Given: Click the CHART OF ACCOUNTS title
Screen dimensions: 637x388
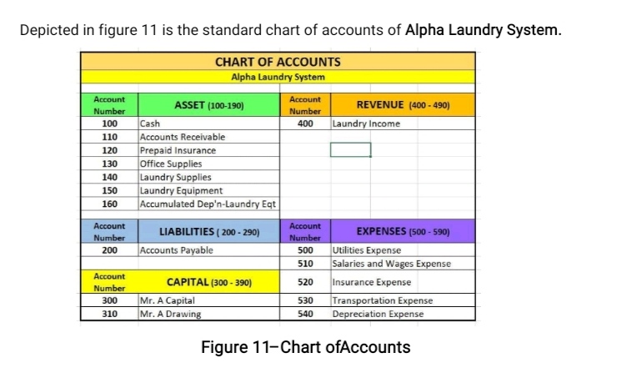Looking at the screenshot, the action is point(278,62).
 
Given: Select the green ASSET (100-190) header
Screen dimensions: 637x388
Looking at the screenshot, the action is point(208,105).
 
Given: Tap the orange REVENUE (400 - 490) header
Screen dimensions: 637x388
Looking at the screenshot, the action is point(403,105).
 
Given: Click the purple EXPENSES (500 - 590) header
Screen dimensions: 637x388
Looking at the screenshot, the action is point(403,231).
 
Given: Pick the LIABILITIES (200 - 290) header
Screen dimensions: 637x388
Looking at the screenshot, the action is point(208,231).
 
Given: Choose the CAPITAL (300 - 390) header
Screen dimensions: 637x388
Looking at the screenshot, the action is point(208,282).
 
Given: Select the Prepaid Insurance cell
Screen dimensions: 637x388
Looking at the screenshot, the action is point(178,150).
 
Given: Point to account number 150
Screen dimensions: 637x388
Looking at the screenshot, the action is point(108,190).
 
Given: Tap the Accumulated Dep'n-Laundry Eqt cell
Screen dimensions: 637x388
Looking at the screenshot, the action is point(208,204).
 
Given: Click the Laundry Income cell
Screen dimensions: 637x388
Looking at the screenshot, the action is point(366,123).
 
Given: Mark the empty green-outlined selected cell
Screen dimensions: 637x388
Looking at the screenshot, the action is point(350,150).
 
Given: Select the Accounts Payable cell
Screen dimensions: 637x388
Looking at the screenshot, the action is point(176,250).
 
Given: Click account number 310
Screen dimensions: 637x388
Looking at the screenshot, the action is point(108,315).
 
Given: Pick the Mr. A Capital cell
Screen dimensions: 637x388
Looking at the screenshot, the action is point(168,300).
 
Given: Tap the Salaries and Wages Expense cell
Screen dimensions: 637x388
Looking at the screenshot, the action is point(391,264).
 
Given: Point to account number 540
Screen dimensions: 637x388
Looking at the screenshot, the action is point(305,315).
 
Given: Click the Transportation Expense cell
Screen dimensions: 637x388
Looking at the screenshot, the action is point(382,300).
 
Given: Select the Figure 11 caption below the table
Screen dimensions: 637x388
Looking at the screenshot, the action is point(306,347).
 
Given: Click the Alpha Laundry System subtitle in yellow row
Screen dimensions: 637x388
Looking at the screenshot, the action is point(278,77).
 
